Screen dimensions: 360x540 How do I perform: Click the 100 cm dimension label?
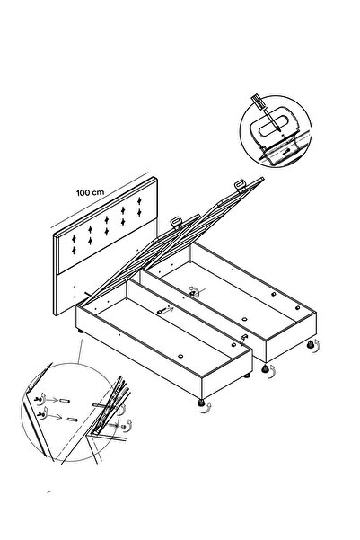[90, 192]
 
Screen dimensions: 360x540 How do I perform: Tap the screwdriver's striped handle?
[258, 102]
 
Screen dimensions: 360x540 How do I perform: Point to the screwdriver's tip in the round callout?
[278, 129]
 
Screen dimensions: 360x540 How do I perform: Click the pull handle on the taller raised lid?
[241, 185]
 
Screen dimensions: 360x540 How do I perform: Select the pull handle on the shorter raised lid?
[176, 223]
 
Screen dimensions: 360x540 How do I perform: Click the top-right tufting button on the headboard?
[139, 200]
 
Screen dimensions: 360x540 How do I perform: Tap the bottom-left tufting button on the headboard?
[74, 250]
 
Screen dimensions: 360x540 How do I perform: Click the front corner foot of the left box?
[201, 403]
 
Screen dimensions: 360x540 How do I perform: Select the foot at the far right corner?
[311, 344]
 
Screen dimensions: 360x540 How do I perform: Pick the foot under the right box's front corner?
[265, 369]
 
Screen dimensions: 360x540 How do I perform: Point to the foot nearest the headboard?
[81, 332]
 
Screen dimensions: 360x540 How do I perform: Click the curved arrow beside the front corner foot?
[208, 407]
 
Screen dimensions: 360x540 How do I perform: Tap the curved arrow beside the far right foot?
[317, 345]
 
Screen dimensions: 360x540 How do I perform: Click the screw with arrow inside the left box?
[165, 311]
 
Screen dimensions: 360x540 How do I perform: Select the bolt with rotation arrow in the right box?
[194, 292]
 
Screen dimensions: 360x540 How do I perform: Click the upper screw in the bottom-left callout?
[39, 400]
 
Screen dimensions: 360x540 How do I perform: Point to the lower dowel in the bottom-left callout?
[72, 420]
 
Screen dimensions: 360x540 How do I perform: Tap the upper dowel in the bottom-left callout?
[65, 401]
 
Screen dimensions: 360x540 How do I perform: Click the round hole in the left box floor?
[180, 356]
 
